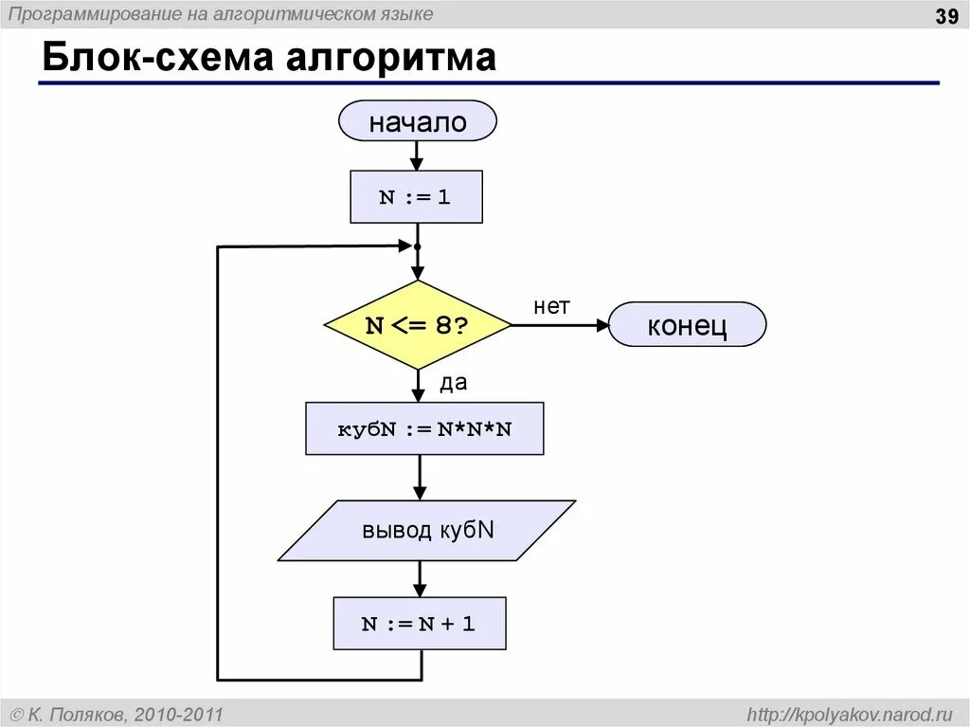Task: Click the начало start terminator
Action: click(x=417, y=122)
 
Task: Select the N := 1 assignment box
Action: click(x=416, y=197)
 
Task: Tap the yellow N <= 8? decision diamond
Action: click(x=417, y=325)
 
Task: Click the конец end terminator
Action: click(x=687, y=325)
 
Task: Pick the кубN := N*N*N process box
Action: click(x=424, y=428)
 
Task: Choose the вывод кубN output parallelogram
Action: click(x=427, y=530)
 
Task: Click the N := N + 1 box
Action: click(x=419, y=624)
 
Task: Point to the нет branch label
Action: click(x=551, y=306)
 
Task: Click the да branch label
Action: click(x=453, y=382)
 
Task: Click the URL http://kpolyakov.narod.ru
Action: click(x=849, y=714)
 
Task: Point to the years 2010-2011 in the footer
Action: click(x=179, y=714)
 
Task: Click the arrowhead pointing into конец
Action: click(x=602, y=325)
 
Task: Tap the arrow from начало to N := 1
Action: click(x=417, y=156)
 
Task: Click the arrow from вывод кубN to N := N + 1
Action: click(x=420, y=578)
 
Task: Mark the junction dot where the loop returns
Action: click(x=417, y=246)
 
